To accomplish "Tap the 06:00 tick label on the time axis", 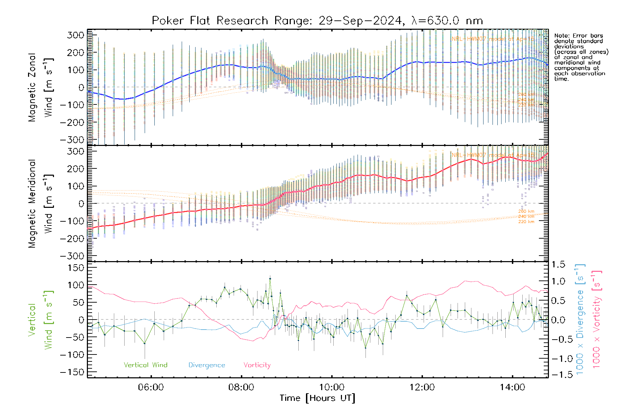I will point(151,387).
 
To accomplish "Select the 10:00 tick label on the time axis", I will point(332,387).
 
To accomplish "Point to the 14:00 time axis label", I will point(513,387).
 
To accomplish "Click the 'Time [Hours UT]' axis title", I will point(317,398).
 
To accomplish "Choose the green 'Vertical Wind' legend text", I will point(145,365).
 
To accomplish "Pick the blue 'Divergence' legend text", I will point(207,365).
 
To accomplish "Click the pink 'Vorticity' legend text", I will point(257,365).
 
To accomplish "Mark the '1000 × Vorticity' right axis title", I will point(596,320).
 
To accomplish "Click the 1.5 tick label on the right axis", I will point(558,265).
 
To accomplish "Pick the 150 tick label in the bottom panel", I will point(76,268).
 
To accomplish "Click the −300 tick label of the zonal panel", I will point(72,140).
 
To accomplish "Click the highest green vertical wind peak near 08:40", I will point(270,278).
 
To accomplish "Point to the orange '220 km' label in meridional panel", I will point(526,222).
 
